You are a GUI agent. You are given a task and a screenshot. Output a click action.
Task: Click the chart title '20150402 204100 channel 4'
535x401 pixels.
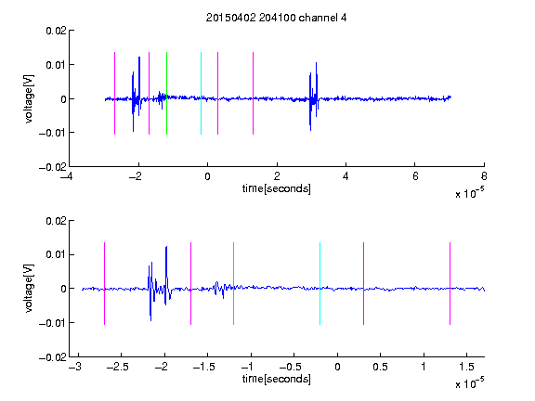tap(276, 18)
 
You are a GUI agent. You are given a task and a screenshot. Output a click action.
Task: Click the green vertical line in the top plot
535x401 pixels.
tap(166, 93)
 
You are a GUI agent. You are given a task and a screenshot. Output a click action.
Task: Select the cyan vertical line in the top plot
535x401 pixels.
tap(201, 93)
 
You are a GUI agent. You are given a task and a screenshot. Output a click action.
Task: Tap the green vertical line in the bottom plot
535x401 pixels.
tap(233, 283)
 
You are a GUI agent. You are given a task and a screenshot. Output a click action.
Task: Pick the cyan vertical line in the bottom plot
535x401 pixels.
tap(320, 283)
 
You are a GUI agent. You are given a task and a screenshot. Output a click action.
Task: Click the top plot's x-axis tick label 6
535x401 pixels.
tap(415, 176)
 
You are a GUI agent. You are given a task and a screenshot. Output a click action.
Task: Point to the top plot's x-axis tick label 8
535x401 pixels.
tap(484, 176)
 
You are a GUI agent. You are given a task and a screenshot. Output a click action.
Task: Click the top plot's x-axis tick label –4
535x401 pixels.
tap(66, 176)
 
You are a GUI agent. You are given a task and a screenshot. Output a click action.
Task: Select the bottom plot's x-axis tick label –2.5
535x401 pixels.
tap(117, 367)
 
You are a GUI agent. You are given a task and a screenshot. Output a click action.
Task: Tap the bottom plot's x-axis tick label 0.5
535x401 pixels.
tap(380, 367)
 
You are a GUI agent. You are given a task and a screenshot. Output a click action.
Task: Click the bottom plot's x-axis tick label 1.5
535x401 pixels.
tap(466, 367)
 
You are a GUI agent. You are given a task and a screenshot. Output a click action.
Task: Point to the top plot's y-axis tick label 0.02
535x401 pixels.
tap(56, 31)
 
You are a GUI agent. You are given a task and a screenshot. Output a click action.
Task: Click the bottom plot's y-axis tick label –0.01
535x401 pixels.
tap(53, 323)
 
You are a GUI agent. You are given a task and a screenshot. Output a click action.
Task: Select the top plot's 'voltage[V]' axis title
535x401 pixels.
tap(30, 99)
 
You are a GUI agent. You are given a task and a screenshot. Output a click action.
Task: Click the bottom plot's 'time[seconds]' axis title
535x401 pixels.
tap(277, 379)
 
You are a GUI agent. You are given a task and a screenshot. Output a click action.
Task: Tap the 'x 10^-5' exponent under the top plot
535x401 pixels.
tap(469, 193)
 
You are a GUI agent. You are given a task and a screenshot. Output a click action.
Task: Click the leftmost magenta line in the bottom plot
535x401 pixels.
tap(104, 283)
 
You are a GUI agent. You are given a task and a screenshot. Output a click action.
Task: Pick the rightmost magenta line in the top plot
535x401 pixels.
tap(253, 93)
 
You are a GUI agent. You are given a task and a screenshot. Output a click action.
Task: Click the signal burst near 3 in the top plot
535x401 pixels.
tap(314, 97)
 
